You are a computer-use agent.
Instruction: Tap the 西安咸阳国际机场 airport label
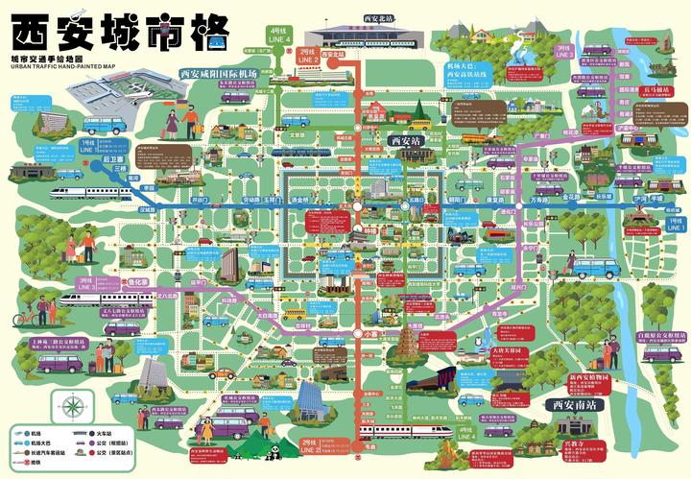click(218, 73)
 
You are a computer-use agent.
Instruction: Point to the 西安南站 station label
click(576, 405)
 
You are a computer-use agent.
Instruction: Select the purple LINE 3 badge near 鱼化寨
click(86, 282)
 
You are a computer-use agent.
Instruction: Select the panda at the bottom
click(273, 447)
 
